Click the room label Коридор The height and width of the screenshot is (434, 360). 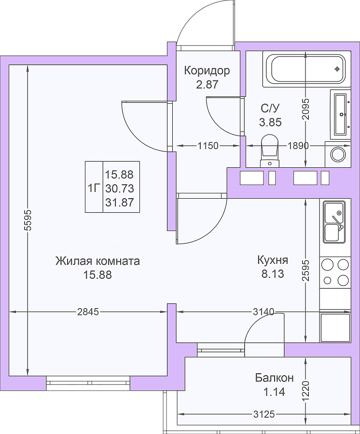[207, 71]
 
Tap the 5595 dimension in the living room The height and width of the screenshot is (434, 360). [28, 220]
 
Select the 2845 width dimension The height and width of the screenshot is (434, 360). [88, 312]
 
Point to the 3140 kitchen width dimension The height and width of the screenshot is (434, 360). [263, 312]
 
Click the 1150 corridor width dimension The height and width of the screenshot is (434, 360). [208, 145]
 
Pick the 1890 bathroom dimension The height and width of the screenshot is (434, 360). [298, 145]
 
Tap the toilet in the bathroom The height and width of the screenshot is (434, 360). [269, 150]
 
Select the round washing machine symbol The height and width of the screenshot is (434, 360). [338, 154]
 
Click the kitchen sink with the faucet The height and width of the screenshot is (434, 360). [334, 222]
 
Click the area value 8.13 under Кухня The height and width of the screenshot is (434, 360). [273, 274]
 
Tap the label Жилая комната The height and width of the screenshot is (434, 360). [97, 261]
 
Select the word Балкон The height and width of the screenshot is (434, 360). [274, 378]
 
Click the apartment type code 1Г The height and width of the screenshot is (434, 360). [94, 189]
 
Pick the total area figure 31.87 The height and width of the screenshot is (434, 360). [120, 203]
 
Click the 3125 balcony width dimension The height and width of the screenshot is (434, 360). [264, 414]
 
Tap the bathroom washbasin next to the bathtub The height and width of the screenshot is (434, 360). [341, 114]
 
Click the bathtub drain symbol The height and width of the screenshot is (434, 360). [337, 69]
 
